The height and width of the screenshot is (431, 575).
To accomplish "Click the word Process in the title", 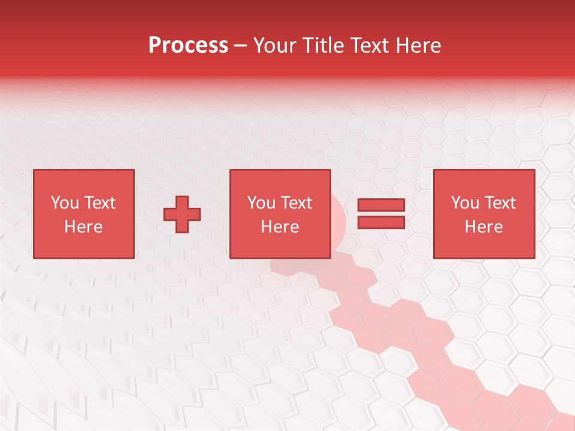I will coord(188,45).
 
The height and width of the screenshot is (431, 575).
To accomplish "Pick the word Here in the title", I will coord(419,45).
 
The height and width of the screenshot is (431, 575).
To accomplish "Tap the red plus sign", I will coord(182,214).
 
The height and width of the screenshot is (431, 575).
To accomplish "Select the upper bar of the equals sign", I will coord(381,205).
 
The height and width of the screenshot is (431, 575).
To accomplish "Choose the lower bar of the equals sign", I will coord(381,223).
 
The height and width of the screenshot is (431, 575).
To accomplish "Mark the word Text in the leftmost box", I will coord(99,203).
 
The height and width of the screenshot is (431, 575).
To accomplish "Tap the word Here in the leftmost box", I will coord(83,227).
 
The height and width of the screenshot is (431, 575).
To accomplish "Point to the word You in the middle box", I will coord(262,203).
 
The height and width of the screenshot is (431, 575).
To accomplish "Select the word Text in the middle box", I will coord(295,203).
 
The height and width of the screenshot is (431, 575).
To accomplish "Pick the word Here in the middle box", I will coord(280,227).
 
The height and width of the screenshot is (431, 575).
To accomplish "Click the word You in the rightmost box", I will coord(465,203).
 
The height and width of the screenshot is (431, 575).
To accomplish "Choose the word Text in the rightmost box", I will coord(499,203).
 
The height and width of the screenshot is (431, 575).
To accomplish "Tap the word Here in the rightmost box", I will coord(483,227).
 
